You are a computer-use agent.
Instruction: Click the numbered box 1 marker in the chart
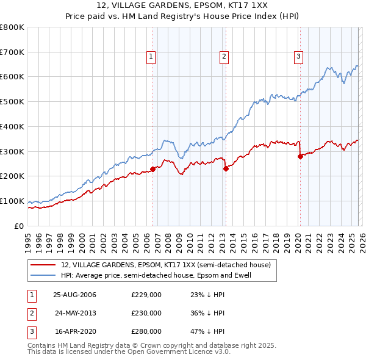pos(151,57)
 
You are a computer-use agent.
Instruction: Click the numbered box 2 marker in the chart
pos(224,57)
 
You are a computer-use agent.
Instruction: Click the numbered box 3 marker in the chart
pos(298,57)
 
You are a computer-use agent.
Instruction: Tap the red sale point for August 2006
pos(152,169)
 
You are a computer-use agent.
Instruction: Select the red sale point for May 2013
pos(225,168)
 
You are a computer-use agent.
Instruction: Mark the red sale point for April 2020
pos(300,156)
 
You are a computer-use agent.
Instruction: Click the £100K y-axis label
pos(12,201)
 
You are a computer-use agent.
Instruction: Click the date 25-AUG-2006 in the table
pos(75,295)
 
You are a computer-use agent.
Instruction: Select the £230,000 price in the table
pos(146,313)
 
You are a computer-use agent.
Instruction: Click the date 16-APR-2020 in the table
pos(75,331)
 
